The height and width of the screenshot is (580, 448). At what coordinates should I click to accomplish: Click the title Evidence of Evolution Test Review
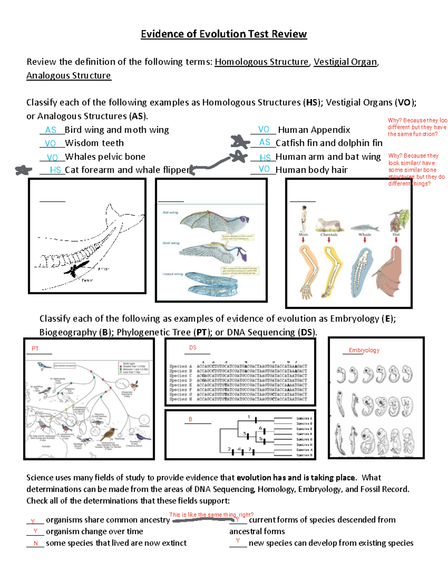[224, 34]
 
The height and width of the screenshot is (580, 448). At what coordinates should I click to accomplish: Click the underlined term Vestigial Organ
[345, 62]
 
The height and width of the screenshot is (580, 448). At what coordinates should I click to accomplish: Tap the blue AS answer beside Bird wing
[50, 130]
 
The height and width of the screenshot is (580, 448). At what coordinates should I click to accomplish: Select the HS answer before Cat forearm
[55, 170]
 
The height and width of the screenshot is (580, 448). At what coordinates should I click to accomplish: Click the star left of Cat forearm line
[24, 170]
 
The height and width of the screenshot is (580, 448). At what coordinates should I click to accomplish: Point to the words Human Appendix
[314, 130]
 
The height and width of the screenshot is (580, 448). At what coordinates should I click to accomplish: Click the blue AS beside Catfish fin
[264, 142]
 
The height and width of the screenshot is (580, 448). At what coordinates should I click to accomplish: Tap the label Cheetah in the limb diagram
[329, 235]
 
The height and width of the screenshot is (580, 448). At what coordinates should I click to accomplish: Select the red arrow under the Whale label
[365, 240]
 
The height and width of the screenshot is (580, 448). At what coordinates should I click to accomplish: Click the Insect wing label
[172, 274]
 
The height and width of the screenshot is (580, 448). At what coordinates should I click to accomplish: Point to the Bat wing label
[170, 213]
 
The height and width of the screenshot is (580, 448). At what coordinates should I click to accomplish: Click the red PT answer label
[35, 348]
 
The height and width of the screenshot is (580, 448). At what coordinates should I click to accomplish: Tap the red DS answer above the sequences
[193, 348]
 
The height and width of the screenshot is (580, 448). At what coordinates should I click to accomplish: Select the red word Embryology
[364, 350]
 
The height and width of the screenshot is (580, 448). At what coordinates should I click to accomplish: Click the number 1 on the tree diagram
[249, 417]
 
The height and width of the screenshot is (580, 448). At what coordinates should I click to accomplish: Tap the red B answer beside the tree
[190, 419]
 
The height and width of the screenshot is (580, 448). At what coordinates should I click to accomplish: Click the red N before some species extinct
[36, 543]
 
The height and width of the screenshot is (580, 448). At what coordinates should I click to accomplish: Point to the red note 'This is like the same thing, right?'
[211, 515]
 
